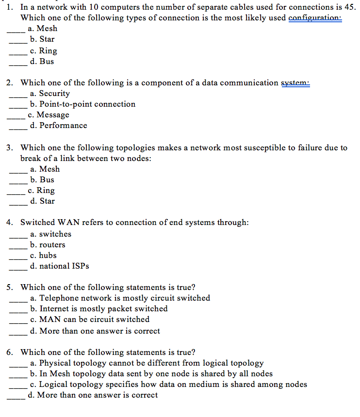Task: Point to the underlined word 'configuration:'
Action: (x=315, y=18)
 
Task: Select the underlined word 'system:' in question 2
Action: (x=295, y=83)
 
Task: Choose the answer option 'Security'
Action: (x=54, y=94)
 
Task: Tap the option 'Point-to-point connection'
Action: (x=87, y=104)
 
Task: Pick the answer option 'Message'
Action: (x=53, y=115)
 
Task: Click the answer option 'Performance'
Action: (x=63, y=126)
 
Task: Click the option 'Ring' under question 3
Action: (x=46, y=191)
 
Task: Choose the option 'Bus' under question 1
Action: (x=47, y=62)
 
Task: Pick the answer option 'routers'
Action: (x=52, y=245)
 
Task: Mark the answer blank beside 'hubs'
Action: (x=18, y=257)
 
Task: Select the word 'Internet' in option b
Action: (x=55, y=309)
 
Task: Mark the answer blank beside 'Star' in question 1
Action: (x=18, y=41)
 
